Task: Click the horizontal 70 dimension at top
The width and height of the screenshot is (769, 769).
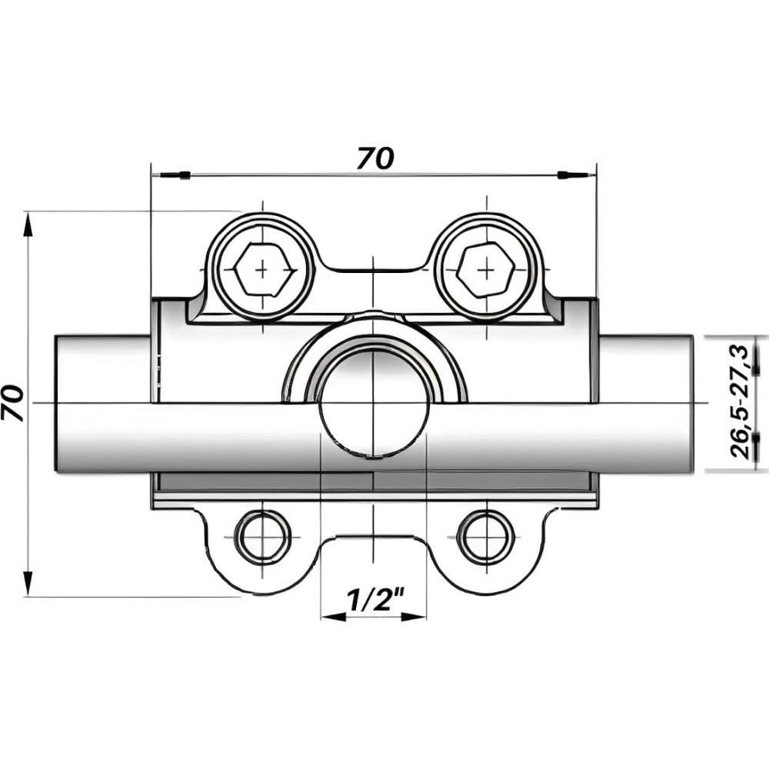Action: (375, 158)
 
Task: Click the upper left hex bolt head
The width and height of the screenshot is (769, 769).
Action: (263, 270)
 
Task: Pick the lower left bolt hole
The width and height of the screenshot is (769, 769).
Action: (264, 535)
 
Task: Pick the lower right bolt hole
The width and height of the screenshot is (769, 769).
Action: (485, 535)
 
